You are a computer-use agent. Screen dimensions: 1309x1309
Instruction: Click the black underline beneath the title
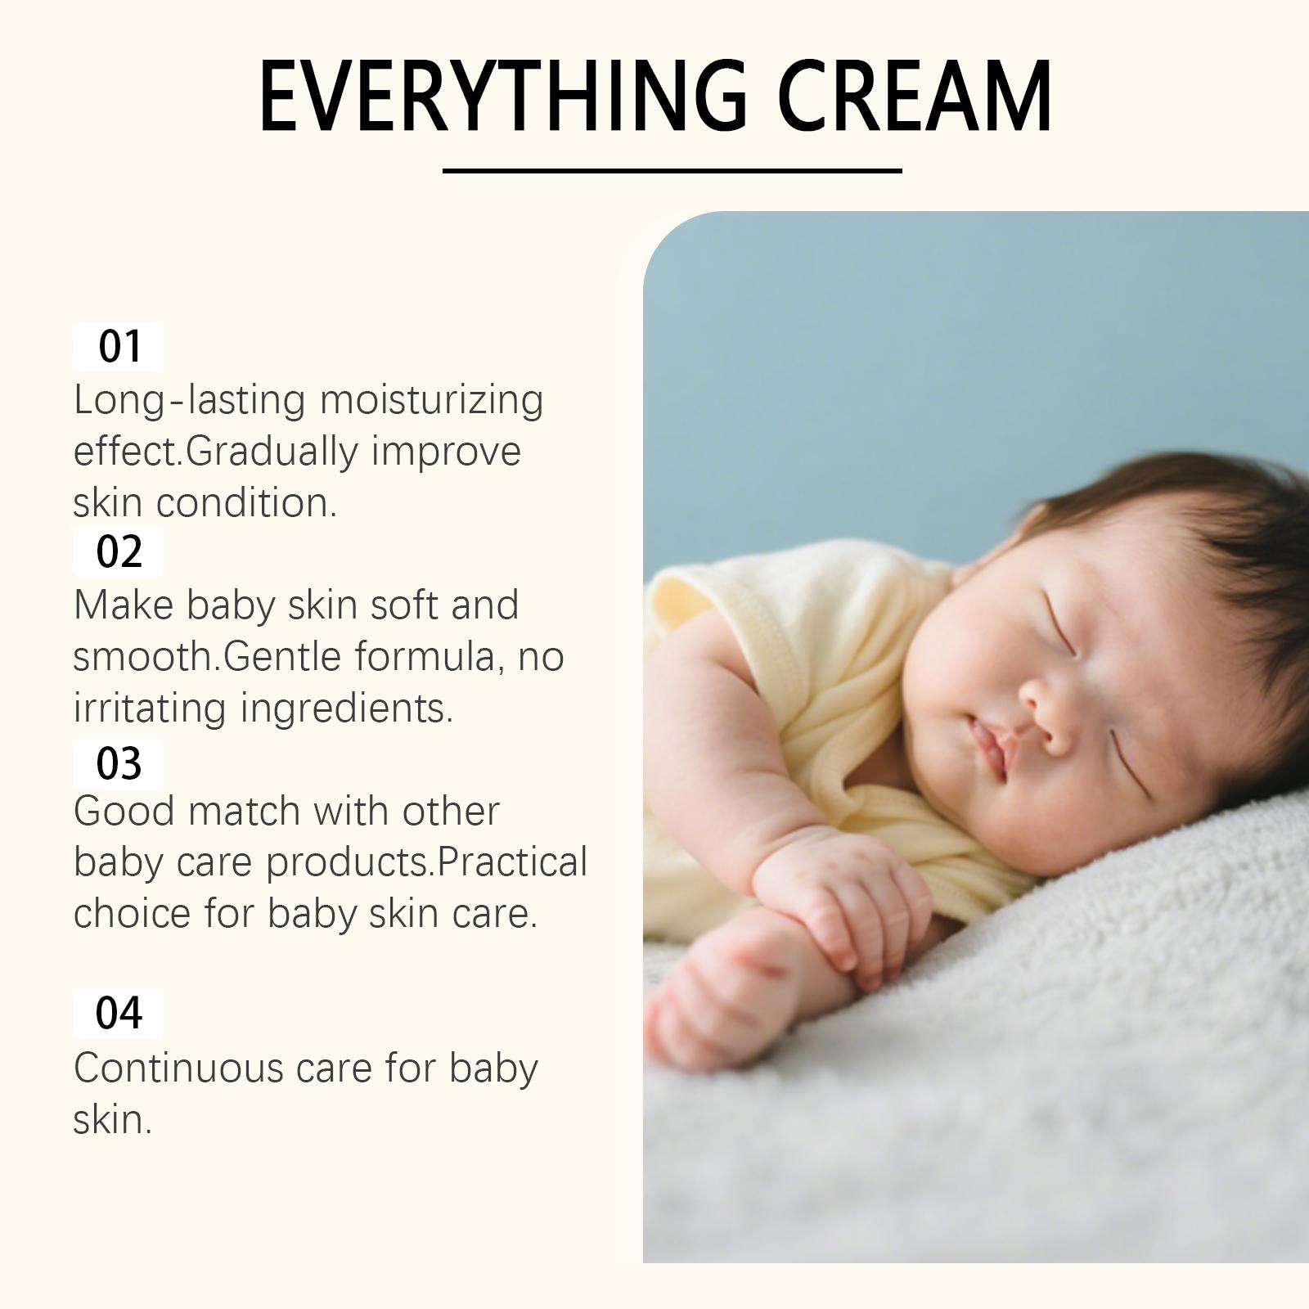pos(672,170)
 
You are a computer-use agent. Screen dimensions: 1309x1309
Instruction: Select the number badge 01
pos(118,346)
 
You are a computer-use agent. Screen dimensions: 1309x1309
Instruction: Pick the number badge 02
pos(118,552)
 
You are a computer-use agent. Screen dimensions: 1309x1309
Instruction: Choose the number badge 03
pos(118,763)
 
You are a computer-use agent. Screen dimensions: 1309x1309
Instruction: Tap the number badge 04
pos(118,1013)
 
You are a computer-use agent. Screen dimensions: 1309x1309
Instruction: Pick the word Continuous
pos(178,1068)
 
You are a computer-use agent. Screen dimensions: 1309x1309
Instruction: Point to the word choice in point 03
pos(133,913)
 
